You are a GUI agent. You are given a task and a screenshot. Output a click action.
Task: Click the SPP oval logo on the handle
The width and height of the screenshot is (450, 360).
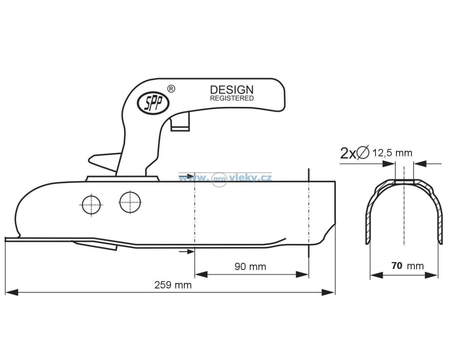point(153,103)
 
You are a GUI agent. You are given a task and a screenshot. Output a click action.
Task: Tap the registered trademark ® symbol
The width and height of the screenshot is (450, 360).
point(171,89)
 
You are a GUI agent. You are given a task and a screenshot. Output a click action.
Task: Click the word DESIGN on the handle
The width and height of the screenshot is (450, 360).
point(232,90)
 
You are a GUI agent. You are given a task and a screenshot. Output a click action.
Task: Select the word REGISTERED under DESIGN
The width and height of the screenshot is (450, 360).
point(232,98)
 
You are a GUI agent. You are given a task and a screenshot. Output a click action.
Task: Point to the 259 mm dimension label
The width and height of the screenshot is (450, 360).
point(173,285)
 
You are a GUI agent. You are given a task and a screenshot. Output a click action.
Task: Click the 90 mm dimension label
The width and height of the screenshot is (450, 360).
point(250,267)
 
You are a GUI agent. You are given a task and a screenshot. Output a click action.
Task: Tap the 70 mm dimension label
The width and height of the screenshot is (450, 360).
point(408,266)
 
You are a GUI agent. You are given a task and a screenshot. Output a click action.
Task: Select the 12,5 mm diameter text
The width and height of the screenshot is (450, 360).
point(392,153)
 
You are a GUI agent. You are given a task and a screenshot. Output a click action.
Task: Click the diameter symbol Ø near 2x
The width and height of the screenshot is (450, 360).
point(363,153)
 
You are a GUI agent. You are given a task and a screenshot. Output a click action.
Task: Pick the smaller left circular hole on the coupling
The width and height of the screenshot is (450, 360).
point(91,205)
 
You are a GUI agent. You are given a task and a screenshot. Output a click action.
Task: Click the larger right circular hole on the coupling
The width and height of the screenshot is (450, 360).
point(130,202)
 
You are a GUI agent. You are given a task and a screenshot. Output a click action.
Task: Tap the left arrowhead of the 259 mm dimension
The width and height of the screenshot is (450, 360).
point(12,292)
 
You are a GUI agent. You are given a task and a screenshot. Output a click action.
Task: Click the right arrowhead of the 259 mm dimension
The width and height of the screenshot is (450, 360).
point(328,292)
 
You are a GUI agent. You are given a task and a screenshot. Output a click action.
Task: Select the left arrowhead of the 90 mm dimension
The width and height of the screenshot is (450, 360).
point(201,274)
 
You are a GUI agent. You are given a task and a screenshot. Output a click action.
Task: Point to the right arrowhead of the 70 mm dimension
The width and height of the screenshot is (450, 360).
point(432,275)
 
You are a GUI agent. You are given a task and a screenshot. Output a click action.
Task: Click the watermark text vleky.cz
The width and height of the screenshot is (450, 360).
point(251,178)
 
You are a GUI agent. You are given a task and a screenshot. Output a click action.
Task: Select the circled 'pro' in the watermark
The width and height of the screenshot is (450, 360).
point(219,180)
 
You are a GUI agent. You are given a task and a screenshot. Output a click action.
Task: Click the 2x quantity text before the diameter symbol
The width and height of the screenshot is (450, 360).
point(348,153)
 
